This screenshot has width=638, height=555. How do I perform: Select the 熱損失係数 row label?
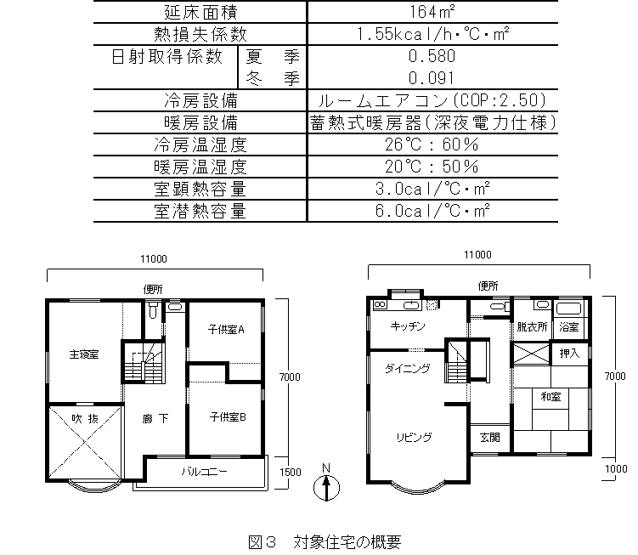tap(200, 34)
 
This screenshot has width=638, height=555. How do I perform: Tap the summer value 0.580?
tap(432, 57)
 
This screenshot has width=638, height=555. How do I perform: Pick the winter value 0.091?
tap(432, 78)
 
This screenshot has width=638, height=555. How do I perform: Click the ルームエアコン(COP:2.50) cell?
tap(432, 100)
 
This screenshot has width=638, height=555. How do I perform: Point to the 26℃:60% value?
tap(432, 144)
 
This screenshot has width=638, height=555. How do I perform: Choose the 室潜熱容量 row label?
tap(200, 210)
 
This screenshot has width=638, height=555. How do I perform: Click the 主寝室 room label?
tap(84, 354)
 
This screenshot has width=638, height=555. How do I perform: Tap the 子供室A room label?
tap(226, 330)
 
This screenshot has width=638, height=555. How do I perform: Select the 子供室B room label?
tap(228, 416)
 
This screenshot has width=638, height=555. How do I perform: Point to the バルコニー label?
tap(204, 471)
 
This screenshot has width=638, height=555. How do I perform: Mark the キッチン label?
tap(408, 326)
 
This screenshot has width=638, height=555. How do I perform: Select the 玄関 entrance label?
tap(489, 438)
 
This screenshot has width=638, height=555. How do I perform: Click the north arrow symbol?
tap(326, 487)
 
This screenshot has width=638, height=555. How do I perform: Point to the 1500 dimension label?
tap(289, 472)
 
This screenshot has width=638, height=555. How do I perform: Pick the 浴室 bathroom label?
tap(568, 326)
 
